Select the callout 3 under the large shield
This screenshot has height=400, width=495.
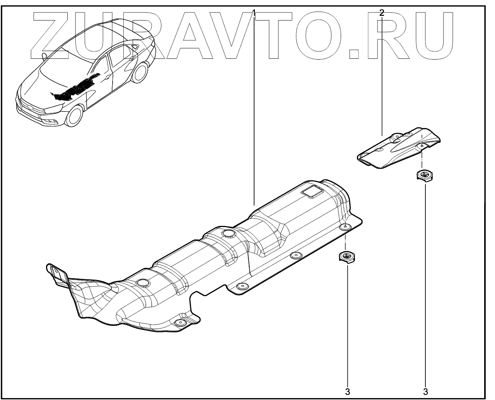pos(347,391)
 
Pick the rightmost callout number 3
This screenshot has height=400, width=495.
pos(425,391)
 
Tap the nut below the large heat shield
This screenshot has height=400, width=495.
pos(346,256)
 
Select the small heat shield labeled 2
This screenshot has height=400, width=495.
pos(398,149)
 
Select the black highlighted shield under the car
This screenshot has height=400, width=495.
pos(77,89)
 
